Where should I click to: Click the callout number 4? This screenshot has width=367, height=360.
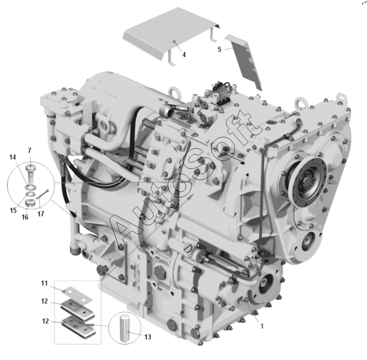(x=184, y=55)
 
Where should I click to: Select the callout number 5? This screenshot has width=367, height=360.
(x=219, y=49)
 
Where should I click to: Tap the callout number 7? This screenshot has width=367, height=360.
(x=29, y=150)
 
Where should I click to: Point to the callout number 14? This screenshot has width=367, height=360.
(x=13, y=157)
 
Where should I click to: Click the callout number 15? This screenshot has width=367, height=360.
(x=13, y=210)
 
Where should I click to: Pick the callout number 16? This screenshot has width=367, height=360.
(x=25, y=217)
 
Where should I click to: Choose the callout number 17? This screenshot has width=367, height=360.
(x=41, y=214)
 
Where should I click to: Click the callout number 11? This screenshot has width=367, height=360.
(x=44, y=283)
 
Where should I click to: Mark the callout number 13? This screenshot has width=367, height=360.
(x=148, y=337)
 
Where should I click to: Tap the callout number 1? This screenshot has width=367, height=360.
(x=262, y=326)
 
